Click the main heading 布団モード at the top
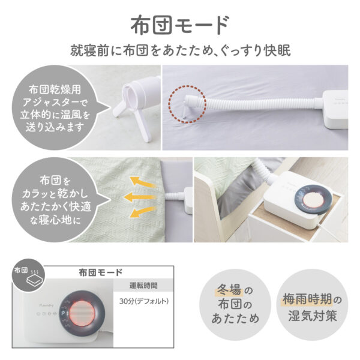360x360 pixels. coord(180,25)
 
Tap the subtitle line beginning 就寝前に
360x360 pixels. coord(181,50)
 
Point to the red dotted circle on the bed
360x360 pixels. coord(187,104)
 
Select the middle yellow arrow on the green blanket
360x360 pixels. coord(140,197)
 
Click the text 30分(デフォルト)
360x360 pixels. coord(144,301)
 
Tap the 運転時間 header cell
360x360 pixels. coord(143,286)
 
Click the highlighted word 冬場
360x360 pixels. coord(229,290)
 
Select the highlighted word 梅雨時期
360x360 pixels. coord(307,299)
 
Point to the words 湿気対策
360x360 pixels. coord(313,316)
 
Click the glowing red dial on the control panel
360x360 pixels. coord(82,314)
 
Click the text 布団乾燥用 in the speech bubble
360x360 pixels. coord(55,90)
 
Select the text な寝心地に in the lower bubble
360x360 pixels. coord(55,220)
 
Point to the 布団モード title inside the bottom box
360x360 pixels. coord(100,272)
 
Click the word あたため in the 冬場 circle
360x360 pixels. coord(235,319)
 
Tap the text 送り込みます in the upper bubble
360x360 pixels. coord(55,127)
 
